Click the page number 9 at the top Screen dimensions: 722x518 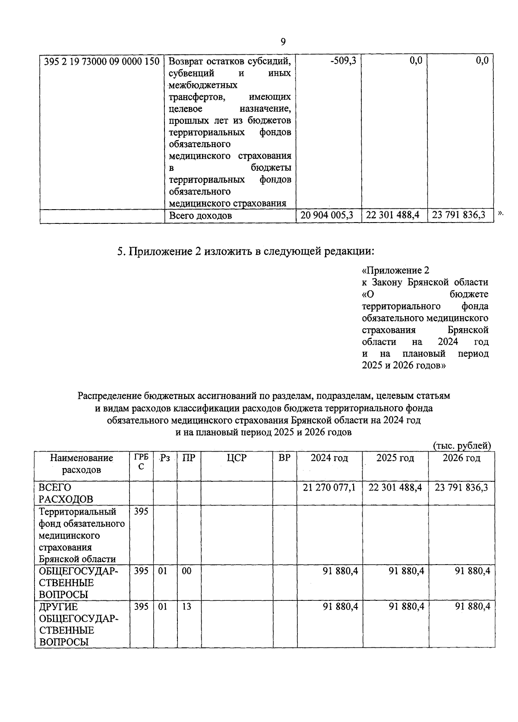click(x=283, y=41)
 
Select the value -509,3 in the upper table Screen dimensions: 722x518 click(x=343, y=61)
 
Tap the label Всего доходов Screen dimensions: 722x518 click(x=200, y=215)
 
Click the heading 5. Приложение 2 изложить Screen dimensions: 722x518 click(x=245, y=251)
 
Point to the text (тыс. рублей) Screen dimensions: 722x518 click(x=461, y=446)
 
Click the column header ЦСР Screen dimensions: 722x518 click(x=237, y=458)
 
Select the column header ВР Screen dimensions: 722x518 click(x=284, y=458)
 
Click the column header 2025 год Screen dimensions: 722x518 click(x=395, y=458)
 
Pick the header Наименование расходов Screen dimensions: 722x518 click(x=82, y=464)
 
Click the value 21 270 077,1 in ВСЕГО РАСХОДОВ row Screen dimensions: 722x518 click(x=329, y=487)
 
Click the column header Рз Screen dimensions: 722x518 click(x=164, y=458)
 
